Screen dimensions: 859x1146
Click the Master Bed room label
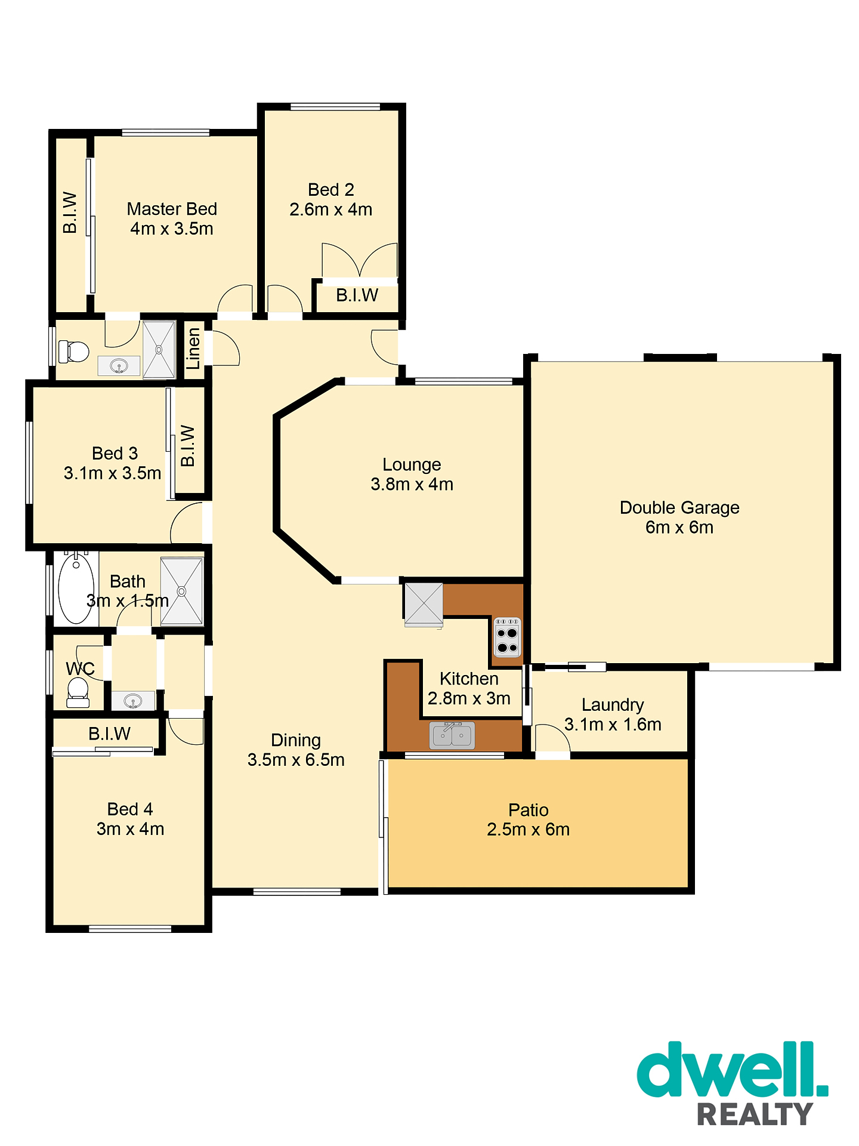click(x=172, y=209)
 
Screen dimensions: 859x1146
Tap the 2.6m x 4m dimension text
click(x=331, y=210)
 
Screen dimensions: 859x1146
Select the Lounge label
click(x=412, y=464)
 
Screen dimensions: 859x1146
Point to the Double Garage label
click(x=679, y=508)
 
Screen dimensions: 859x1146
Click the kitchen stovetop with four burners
click(x=508, y=637)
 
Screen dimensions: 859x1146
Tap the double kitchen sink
click(x=452, y=735)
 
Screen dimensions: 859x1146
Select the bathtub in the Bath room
click(x=76, y=589)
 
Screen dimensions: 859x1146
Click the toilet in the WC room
click(x=78, y=692)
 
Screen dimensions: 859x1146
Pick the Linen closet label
click(x=193, y=349)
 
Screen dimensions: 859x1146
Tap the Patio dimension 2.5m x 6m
click(x=529, y=830)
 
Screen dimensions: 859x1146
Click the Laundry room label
click(x=613, y=705)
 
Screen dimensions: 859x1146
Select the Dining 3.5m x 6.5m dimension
click(x=296, y=760)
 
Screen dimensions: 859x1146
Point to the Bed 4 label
click(x=130, y=809)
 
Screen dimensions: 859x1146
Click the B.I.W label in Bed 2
click(x=357, y=295)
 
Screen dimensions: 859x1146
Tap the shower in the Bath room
click(x=182, y=592)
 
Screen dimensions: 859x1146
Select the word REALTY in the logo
click(x=755, y=1114)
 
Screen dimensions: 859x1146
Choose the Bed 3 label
click(x=115, y=454)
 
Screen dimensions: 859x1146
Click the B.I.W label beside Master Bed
click(x=70, y=212)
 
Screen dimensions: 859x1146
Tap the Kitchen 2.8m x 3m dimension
click(x=469, y=698)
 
